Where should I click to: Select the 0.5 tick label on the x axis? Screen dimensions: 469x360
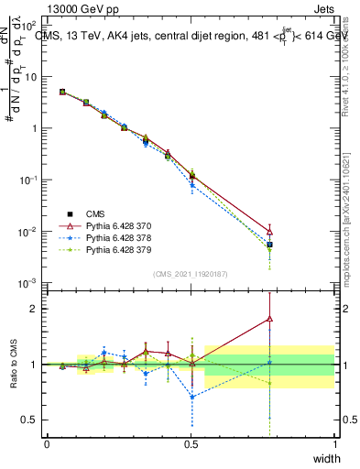(x=191, y=444)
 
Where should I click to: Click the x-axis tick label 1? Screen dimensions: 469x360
(x=334, y=444)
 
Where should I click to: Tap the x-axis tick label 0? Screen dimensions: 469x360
(x=47, y=444)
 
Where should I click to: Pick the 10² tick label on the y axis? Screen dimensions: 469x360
(x=31, y=26)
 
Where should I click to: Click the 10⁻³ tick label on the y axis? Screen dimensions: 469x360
(x=30, y=283)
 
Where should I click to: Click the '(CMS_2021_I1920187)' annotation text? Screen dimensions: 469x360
(x=191, y=273)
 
